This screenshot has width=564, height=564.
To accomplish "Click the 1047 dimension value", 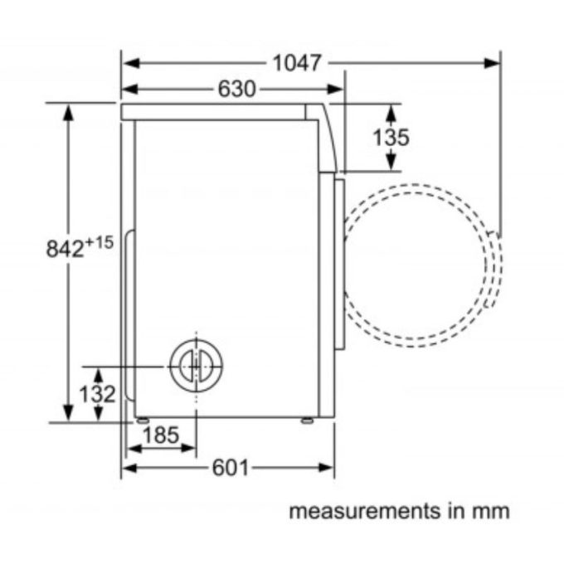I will click(x=296, y=63).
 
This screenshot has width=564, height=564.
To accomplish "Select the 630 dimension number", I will click(x=236, y=89).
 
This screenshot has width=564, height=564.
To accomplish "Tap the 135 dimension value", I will click(x=390, y=137).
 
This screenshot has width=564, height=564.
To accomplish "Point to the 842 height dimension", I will click(x=65, y=248).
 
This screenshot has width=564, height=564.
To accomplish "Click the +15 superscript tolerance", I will click(x=98, y=242).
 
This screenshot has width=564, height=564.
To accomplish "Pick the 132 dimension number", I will click(x=99, y=394).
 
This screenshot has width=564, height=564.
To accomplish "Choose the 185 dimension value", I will click(x=160, y=434).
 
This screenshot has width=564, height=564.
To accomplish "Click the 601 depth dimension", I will click(x=230, y=469).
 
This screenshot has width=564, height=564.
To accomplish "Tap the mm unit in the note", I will click(x=491, y=511).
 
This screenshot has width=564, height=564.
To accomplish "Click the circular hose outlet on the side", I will click(x=197, y=364).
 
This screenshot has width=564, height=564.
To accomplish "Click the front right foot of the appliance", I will click(x=308, y=421).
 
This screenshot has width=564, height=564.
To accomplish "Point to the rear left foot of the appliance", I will click(x=143, y=421).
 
